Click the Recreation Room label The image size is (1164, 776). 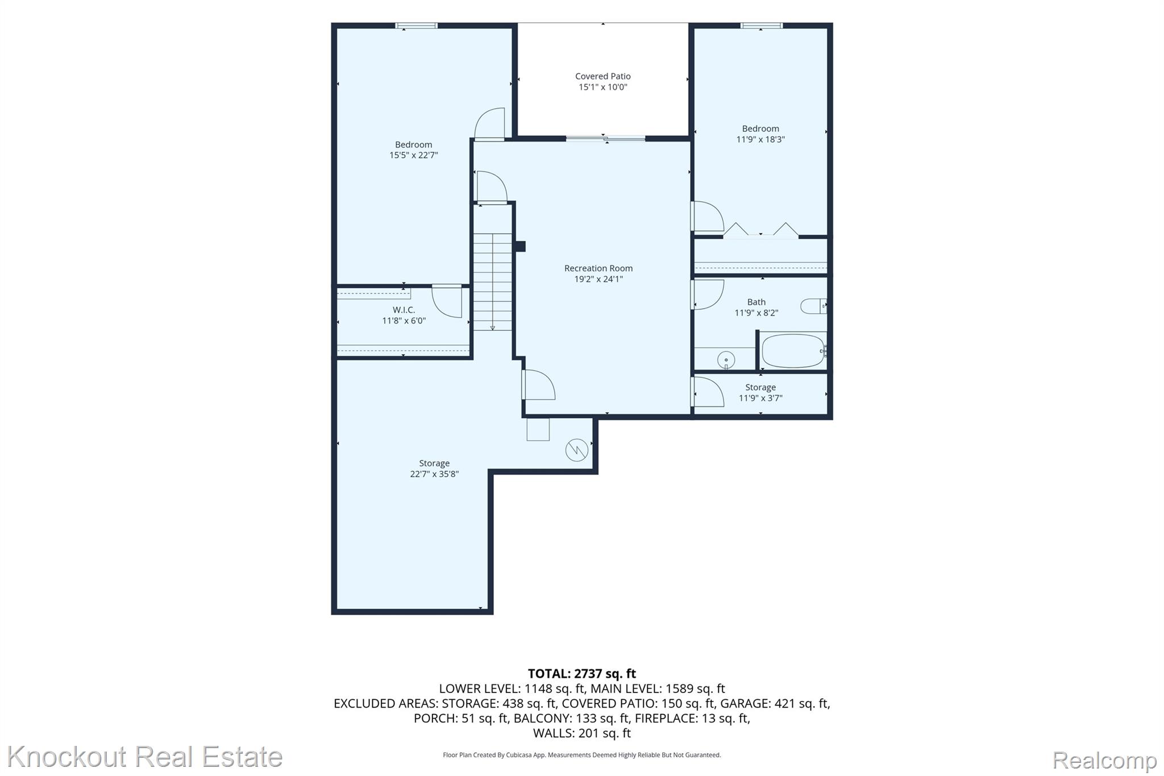(598, 268)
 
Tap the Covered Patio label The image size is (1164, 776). (602, 76)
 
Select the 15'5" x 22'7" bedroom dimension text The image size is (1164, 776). (413, 155)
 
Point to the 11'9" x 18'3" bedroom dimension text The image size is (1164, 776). (760, 139)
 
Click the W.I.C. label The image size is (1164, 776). (404, 310)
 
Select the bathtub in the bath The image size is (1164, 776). (793, 351)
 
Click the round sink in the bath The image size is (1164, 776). (726, 360)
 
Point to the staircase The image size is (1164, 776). (492, 282)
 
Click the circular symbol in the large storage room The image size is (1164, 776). (576, 450)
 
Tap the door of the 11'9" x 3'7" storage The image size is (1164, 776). (708, 392)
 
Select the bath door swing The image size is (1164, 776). (708, 294)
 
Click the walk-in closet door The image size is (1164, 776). (447, 301)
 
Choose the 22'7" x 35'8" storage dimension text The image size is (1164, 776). (434, 474)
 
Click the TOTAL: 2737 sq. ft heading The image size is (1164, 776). (582, 674)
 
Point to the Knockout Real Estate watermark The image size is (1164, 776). (144, 757)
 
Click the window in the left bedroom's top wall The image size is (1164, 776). (417, 26)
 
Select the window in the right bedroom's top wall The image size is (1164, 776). (761, 26)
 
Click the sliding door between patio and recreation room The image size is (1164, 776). (605, 138)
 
